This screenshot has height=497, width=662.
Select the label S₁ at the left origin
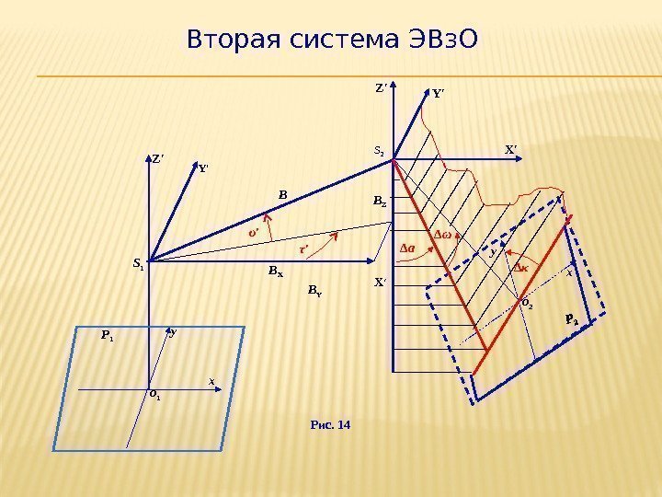139,264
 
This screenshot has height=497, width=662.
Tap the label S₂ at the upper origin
379,149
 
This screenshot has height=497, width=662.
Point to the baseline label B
283,194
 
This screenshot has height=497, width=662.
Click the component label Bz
380,200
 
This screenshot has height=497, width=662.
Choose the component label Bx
275,272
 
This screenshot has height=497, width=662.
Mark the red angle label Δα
408,248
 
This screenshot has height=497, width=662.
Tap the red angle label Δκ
519,267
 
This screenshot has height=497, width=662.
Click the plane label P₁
107,336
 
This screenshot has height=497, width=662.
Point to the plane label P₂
571,320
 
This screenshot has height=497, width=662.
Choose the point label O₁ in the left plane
154,396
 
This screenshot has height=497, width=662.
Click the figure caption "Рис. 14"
332,424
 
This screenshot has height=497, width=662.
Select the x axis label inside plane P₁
211,379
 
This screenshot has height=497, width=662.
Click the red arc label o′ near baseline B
253,233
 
